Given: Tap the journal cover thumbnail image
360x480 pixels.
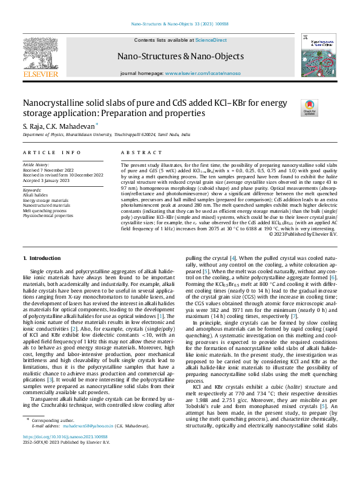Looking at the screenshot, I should [315, 55].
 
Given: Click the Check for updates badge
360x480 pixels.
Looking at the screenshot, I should [309, 108].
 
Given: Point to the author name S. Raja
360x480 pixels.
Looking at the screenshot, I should [34, 125].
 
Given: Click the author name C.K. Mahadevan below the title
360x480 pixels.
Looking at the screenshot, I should [75, 125].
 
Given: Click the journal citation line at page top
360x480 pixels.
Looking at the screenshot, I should [180, 25].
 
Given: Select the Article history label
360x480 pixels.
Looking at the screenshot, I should [37, 164].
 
